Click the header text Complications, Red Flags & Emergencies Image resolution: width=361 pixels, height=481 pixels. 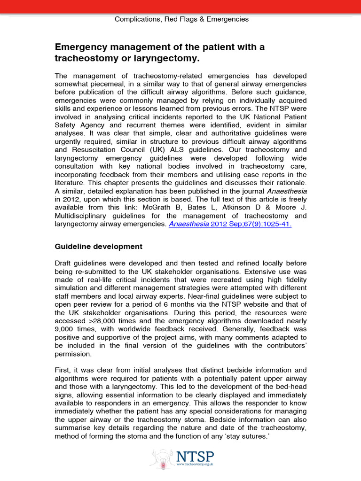click(182, 19)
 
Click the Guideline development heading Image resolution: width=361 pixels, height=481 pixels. click(98, 246)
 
